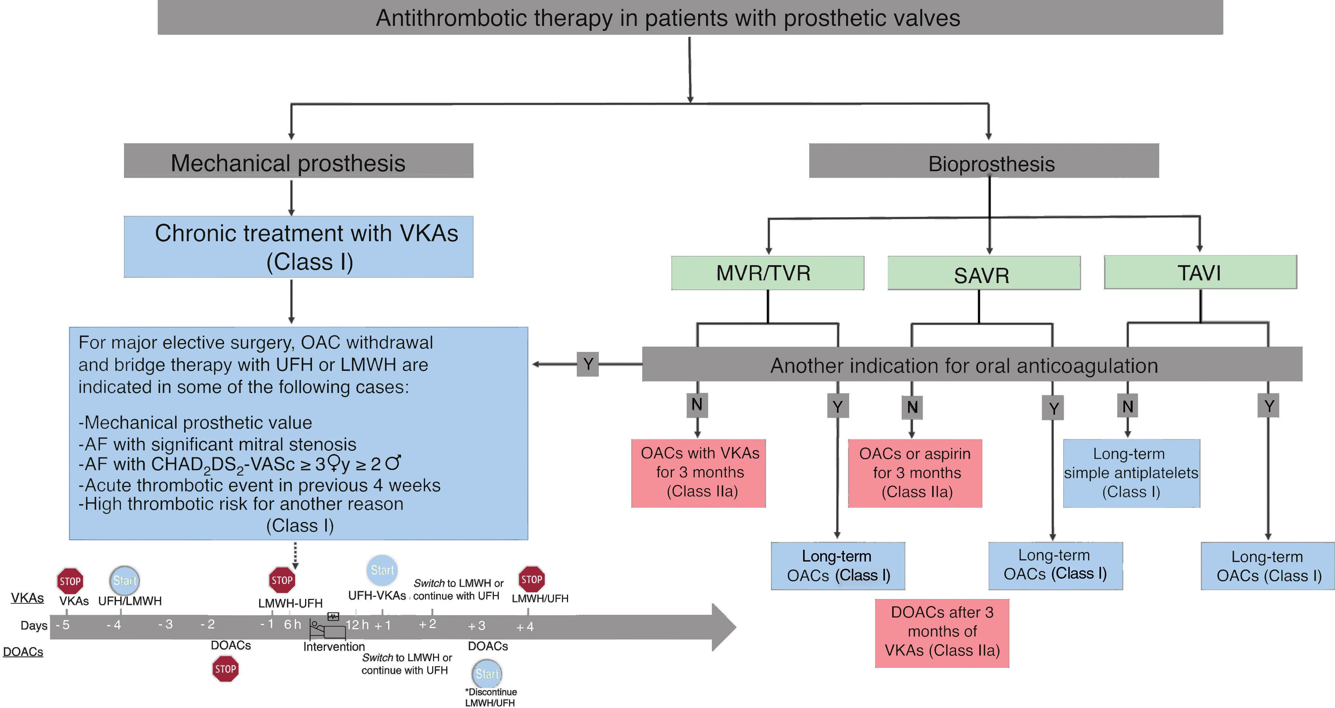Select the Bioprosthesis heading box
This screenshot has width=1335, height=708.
983,161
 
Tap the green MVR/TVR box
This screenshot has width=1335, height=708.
767,273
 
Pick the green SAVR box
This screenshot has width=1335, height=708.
983,273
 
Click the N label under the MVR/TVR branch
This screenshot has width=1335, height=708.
697,405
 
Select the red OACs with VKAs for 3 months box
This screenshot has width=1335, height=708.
698,473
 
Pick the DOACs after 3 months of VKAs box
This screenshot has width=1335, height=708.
942,633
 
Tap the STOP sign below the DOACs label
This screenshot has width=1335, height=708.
226,668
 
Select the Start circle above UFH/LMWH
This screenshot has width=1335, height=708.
124,581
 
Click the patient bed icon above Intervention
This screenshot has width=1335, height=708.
328,629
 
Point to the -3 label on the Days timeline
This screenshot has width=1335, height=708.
165,625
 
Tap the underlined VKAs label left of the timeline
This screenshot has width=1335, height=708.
27,598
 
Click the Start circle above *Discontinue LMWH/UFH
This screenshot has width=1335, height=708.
487,673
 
